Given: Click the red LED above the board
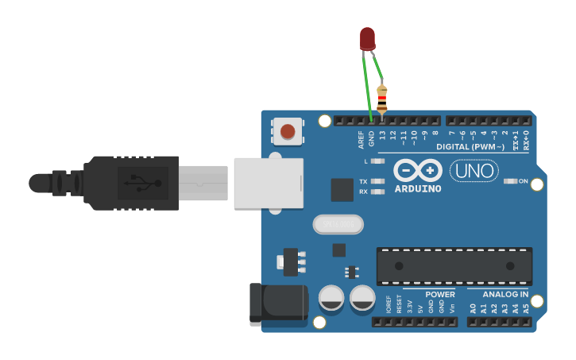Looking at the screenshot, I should coord(367,37).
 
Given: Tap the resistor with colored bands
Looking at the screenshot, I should coord(382,99).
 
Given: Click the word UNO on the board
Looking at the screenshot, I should coord(474,170).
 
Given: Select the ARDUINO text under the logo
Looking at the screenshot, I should coord(418,189).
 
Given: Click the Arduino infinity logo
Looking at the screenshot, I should coord(418,171).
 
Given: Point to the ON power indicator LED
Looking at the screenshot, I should coord(511,181).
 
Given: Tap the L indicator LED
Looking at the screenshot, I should coord(378,161).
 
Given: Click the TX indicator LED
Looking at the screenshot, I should coord(378,181).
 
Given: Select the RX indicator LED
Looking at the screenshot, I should coord(378,192).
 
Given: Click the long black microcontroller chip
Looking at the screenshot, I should coord(454,266).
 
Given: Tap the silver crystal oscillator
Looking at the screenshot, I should coord(338,225).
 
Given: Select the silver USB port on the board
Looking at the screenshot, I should coord(269,184).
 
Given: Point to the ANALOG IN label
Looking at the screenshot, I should coord(505,294).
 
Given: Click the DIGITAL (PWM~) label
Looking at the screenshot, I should coord(470,147).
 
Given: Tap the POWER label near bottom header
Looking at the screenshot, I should coord(439,294).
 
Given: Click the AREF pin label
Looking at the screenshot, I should coord(361,140).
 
